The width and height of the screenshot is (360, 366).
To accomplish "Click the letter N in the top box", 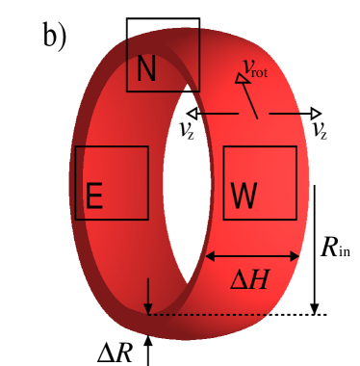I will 146,68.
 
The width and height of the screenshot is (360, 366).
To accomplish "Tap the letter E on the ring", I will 94,196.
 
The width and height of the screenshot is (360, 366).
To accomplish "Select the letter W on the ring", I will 244,196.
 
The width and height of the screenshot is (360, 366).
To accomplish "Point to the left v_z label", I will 188,131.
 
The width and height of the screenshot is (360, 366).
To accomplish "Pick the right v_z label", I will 320,131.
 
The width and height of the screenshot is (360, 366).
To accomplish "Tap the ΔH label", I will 253,280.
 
